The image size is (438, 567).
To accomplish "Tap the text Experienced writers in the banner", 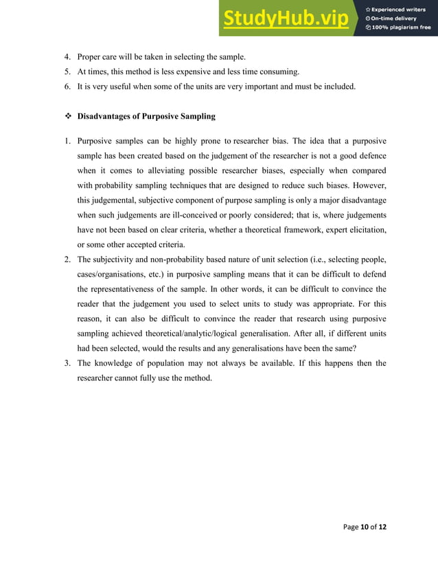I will pos(400,9).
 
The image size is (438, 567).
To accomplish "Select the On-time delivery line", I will pos(394,19).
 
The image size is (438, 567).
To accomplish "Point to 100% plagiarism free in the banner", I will pos(402,27).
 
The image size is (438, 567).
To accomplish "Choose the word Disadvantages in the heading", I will pos(106,117).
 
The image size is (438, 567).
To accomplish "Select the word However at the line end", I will pos(367,185).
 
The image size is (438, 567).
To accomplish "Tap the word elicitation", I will pos(364,230).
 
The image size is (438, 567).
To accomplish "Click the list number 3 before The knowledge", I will pos(67,363).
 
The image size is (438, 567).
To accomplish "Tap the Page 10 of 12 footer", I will pos(363,526).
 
